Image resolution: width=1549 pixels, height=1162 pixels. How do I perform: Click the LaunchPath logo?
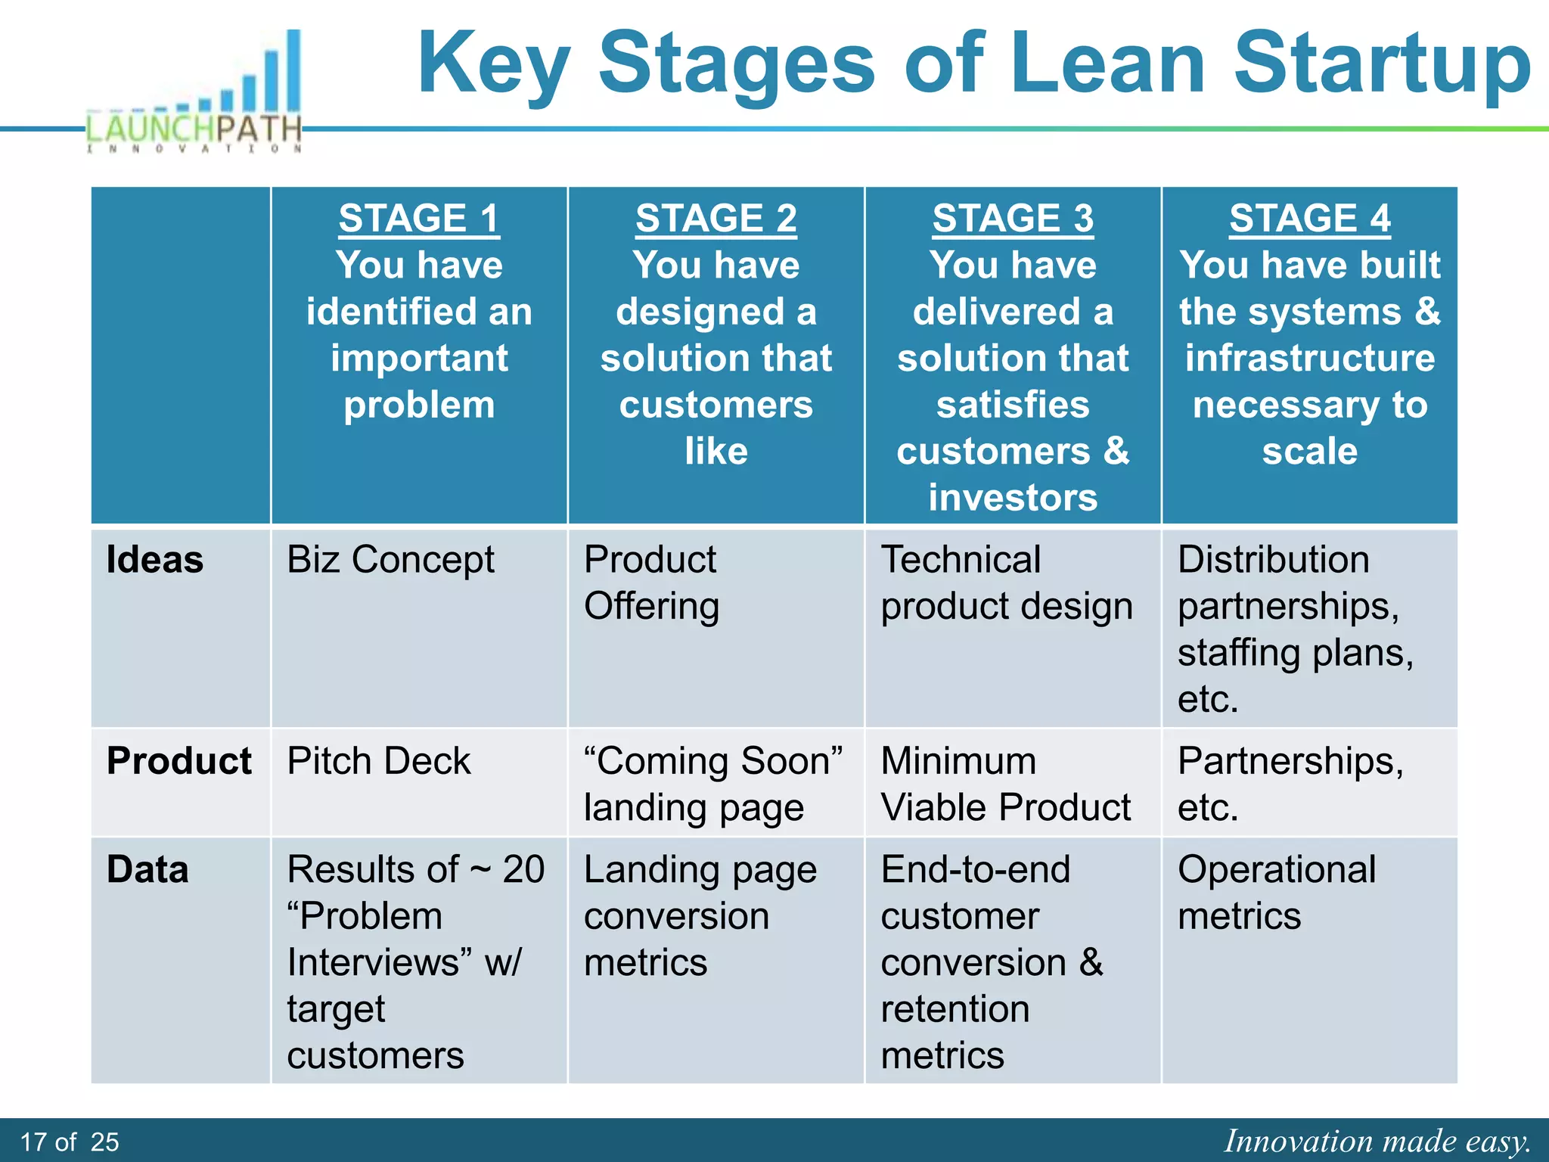click(x=196, y=95)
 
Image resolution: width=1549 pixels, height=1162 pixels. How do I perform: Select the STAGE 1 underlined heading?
click(x=419, y=219)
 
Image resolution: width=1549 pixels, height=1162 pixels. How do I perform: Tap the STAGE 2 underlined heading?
click(x=716, y=219)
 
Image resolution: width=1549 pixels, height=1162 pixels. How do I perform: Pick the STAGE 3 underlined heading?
click(x=1013, y=219)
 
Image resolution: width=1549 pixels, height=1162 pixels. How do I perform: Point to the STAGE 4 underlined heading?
click(x=1309, y=219)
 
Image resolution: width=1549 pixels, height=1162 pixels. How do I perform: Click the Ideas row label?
click(x=155, y=560)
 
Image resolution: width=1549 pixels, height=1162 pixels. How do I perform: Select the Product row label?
click(x=179, y=761)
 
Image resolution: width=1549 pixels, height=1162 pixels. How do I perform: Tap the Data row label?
click(x=147, y=869)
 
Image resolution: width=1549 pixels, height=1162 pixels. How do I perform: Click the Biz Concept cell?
click(x=390, y=561)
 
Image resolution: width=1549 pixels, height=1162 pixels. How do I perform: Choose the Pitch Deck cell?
click(x=379, y=761)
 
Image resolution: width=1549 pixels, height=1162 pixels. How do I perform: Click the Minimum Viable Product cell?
click(x=1006, y=784)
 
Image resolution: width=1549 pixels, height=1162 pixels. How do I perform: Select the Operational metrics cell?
click(x=1277, y=893)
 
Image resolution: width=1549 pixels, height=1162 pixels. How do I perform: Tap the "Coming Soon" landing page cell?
click(x=712, y=784)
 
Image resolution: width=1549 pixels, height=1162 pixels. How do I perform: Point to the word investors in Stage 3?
click(x=1013, y=498)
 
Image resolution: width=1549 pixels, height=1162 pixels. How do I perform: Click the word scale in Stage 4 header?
click(x=1309, y=452)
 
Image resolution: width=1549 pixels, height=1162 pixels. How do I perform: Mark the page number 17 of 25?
click(x=70, y=1142)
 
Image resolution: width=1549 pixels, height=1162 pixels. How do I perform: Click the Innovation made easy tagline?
click(x=1377, y=1141)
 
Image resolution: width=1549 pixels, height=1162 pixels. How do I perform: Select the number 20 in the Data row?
click(x=523, y=869)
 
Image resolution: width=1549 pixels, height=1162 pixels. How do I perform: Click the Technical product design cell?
click(x=1006, y=583)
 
